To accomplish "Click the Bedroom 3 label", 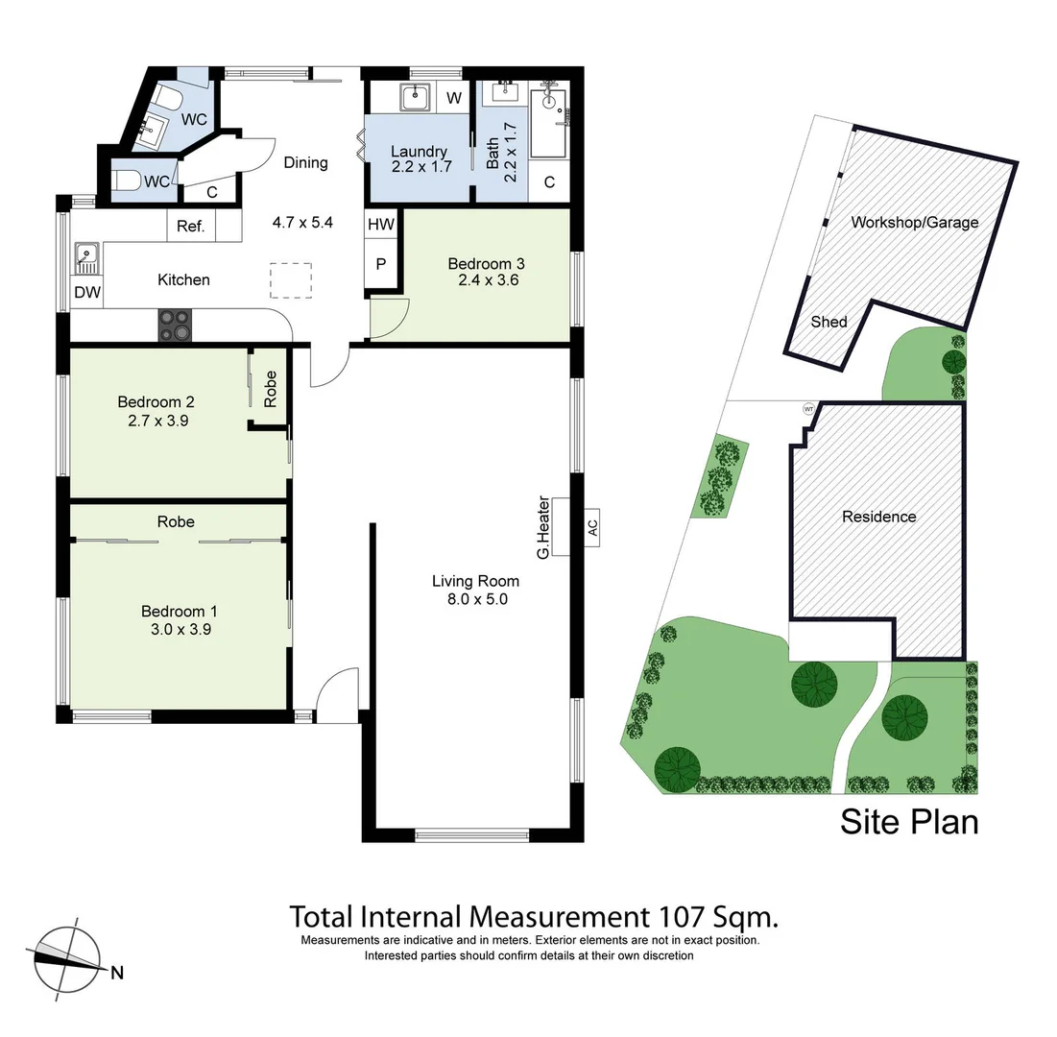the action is pos(486,263).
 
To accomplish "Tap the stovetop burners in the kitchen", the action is pos(175,326).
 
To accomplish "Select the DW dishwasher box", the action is pos(84,293).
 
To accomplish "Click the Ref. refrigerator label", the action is pos(190,227).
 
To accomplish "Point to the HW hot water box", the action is pos(380,224).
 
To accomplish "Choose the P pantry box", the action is pos(380,264).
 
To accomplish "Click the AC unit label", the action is pos(591,526).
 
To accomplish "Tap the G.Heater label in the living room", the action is pos(543,527).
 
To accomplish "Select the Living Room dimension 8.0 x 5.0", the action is pos(475,599).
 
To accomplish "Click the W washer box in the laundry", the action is pos(453,97).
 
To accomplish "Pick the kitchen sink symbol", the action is pos(86,256).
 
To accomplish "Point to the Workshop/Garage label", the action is pos(915,222).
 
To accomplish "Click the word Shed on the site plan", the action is pos(829,322).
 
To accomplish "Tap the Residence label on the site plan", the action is pos(878,517).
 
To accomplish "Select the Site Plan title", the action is pos(909,822).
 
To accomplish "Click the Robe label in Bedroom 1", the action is pos(177,521).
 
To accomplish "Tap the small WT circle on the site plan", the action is pos(808,408).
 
